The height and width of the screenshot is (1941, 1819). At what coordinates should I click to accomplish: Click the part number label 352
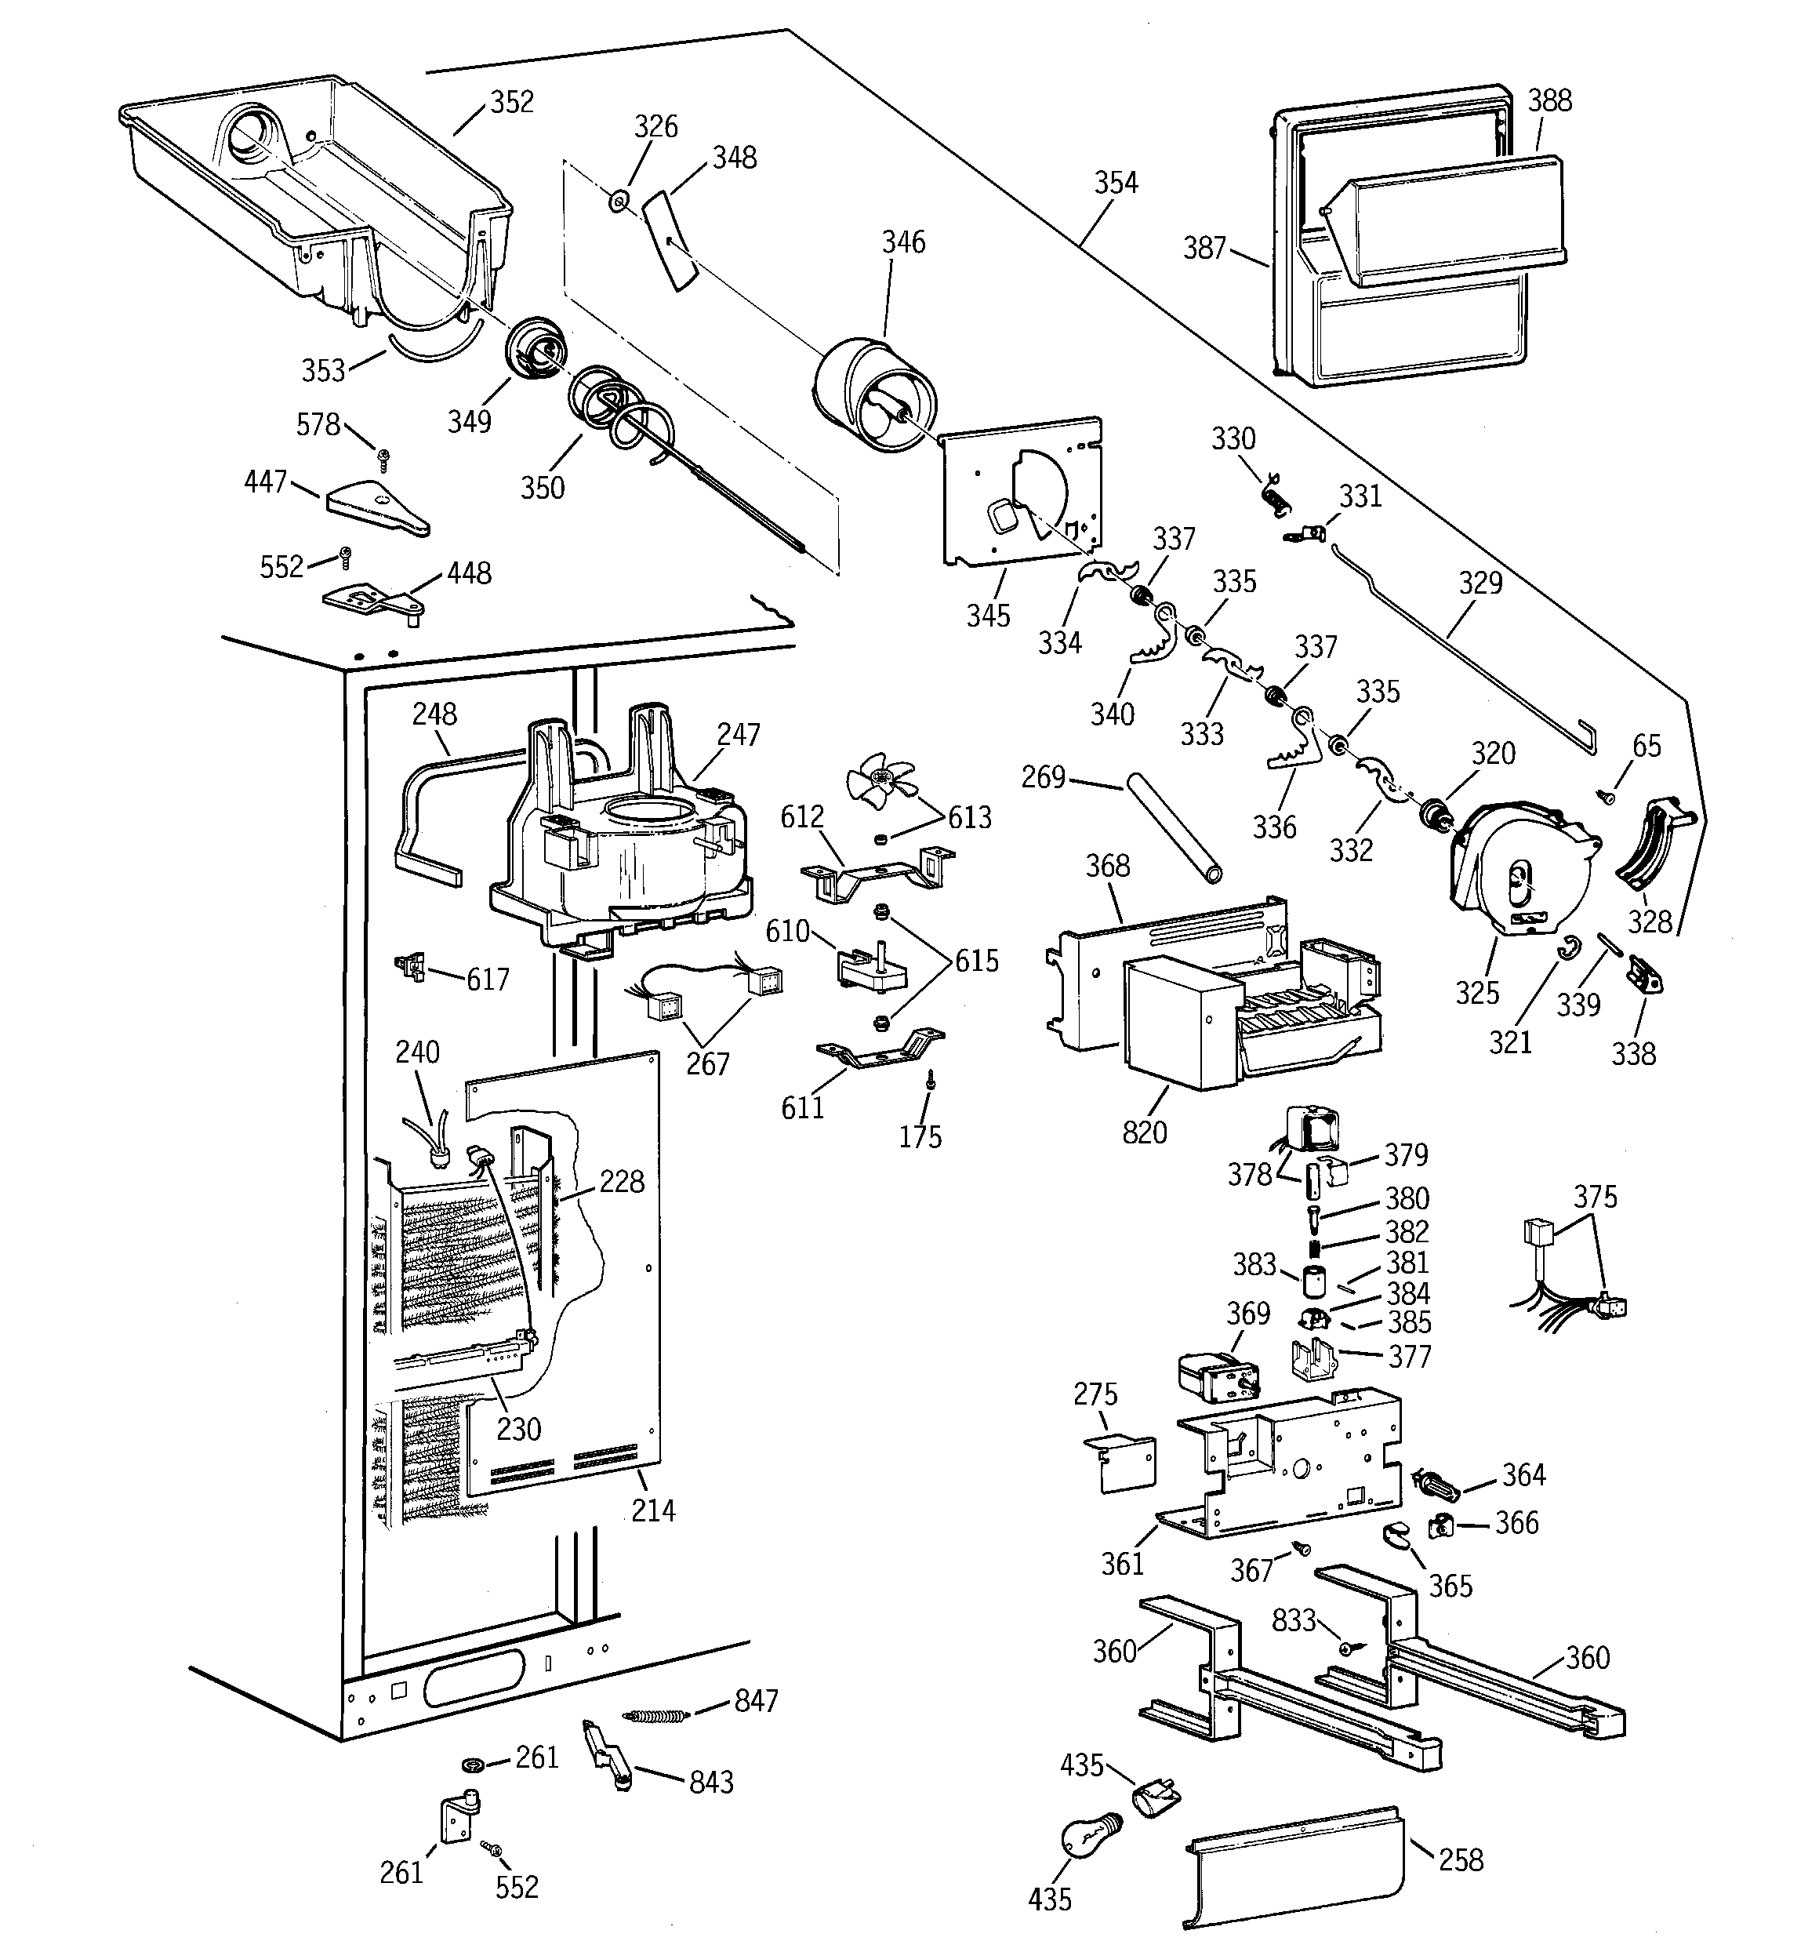(x=512, y=101)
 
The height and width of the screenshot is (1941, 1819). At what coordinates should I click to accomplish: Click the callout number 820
(x=1144, y=1132)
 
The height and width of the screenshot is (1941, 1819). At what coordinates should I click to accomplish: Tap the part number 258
(x=1461, y=1860)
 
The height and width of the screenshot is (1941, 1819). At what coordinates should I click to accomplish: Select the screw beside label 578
(x=383, y=457)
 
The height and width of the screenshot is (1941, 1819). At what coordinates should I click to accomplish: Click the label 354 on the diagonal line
(x=1115, y=183)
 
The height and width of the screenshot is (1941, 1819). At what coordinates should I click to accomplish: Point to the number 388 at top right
(x=1549, y=100)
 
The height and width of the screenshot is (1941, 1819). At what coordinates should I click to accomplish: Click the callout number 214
(x=653, y=1510)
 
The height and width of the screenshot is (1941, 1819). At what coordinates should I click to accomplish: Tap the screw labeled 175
(x=932, y=1080)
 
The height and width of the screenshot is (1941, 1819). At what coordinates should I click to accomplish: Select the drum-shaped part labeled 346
(x=875, y=395)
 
